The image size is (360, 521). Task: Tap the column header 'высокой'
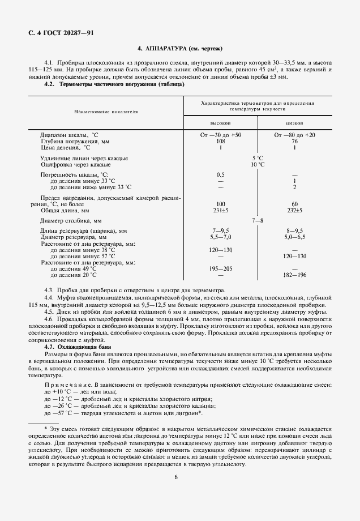coord(220,122)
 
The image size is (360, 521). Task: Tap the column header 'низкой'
coord(294,122)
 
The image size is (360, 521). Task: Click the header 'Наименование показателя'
coord(106,111)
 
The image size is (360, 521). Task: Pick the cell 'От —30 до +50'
coord(220,135)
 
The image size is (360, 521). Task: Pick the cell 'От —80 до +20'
coord(294,135)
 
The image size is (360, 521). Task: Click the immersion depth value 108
coord(220,142)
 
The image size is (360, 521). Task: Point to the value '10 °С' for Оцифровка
coord(258,164)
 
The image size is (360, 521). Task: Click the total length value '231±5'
coord(220,210)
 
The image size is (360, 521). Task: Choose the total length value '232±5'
coord(294,210)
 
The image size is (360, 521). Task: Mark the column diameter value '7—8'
coord(258,220)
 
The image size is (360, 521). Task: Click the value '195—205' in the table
coord(220,269)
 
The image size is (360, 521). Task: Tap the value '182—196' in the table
coord(294,275)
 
